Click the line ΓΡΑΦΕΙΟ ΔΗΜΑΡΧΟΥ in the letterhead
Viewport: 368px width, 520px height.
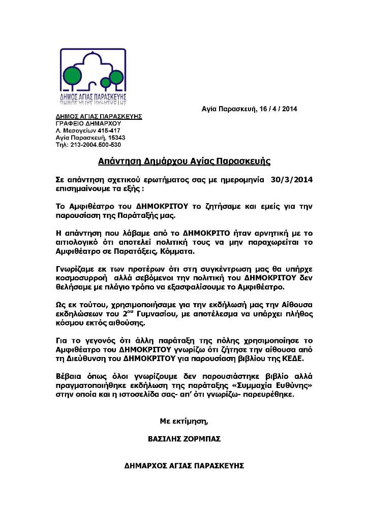tap(81, 123)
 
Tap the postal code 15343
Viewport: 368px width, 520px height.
tap(115, 137)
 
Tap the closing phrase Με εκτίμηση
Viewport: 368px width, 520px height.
tap(184, 420)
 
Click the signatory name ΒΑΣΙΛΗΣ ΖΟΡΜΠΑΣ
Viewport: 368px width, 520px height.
tap(184, 439)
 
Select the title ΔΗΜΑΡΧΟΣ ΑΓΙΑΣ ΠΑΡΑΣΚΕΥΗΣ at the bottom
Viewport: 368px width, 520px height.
tap(184, 465)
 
